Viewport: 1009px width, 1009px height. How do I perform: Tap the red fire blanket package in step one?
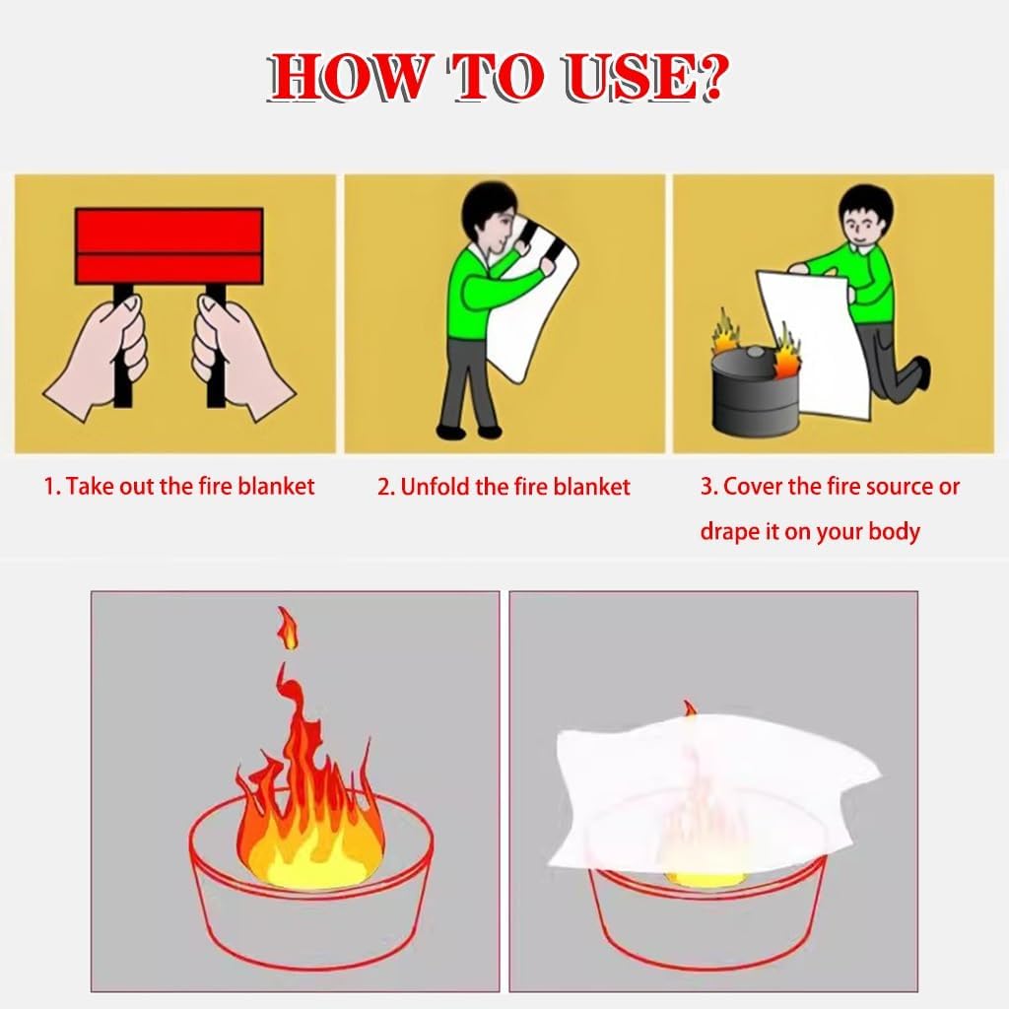click(x=168, y=245)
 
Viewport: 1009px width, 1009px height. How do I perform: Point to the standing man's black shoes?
click(x=467, y=431)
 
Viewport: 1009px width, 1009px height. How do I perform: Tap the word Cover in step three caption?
click(x=753, y=487)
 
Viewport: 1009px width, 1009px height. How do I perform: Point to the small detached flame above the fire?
click(x=287, y=627)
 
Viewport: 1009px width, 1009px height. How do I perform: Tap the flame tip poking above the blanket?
click(x=690, y=709)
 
